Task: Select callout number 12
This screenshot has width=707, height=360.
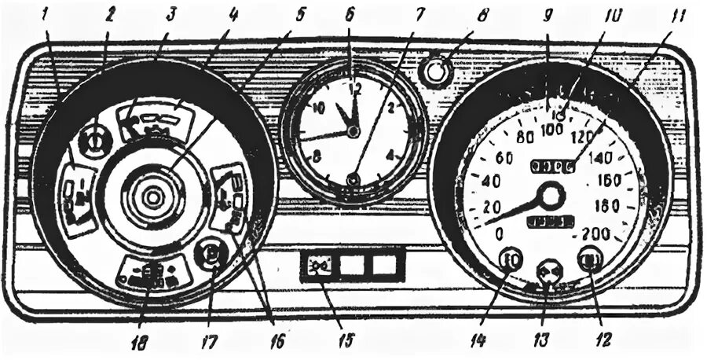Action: (604, 340)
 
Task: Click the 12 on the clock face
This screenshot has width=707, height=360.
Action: (355, 87)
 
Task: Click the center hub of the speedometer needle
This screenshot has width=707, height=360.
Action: (551, 196)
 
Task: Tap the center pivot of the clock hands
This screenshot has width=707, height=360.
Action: (353, 132)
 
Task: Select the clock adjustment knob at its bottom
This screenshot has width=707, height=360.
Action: (353, 180)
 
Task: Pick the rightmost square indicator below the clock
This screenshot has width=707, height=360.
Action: (385, 266)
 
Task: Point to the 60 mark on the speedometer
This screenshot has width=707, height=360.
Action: (504, 159)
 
